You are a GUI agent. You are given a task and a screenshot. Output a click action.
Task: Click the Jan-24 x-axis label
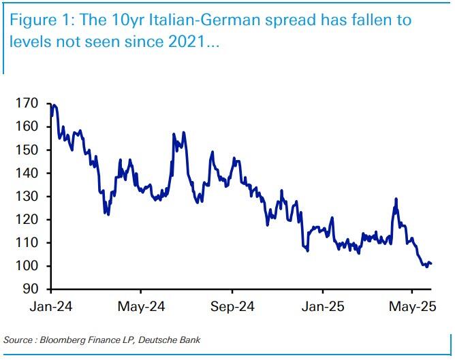tap(49, 307)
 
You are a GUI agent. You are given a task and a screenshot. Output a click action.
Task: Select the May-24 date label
tap(140, 307)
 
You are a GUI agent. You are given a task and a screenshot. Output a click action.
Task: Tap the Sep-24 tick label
tap(232, 307)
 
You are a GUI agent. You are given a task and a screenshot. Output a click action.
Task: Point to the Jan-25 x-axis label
tap(322, 307)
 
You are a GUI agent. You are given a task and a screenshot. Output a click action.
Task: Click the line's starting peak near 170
tap(54, 105)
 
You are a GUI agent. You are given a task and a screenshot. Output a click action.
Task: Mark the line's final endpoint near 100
tap(431, 264)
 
